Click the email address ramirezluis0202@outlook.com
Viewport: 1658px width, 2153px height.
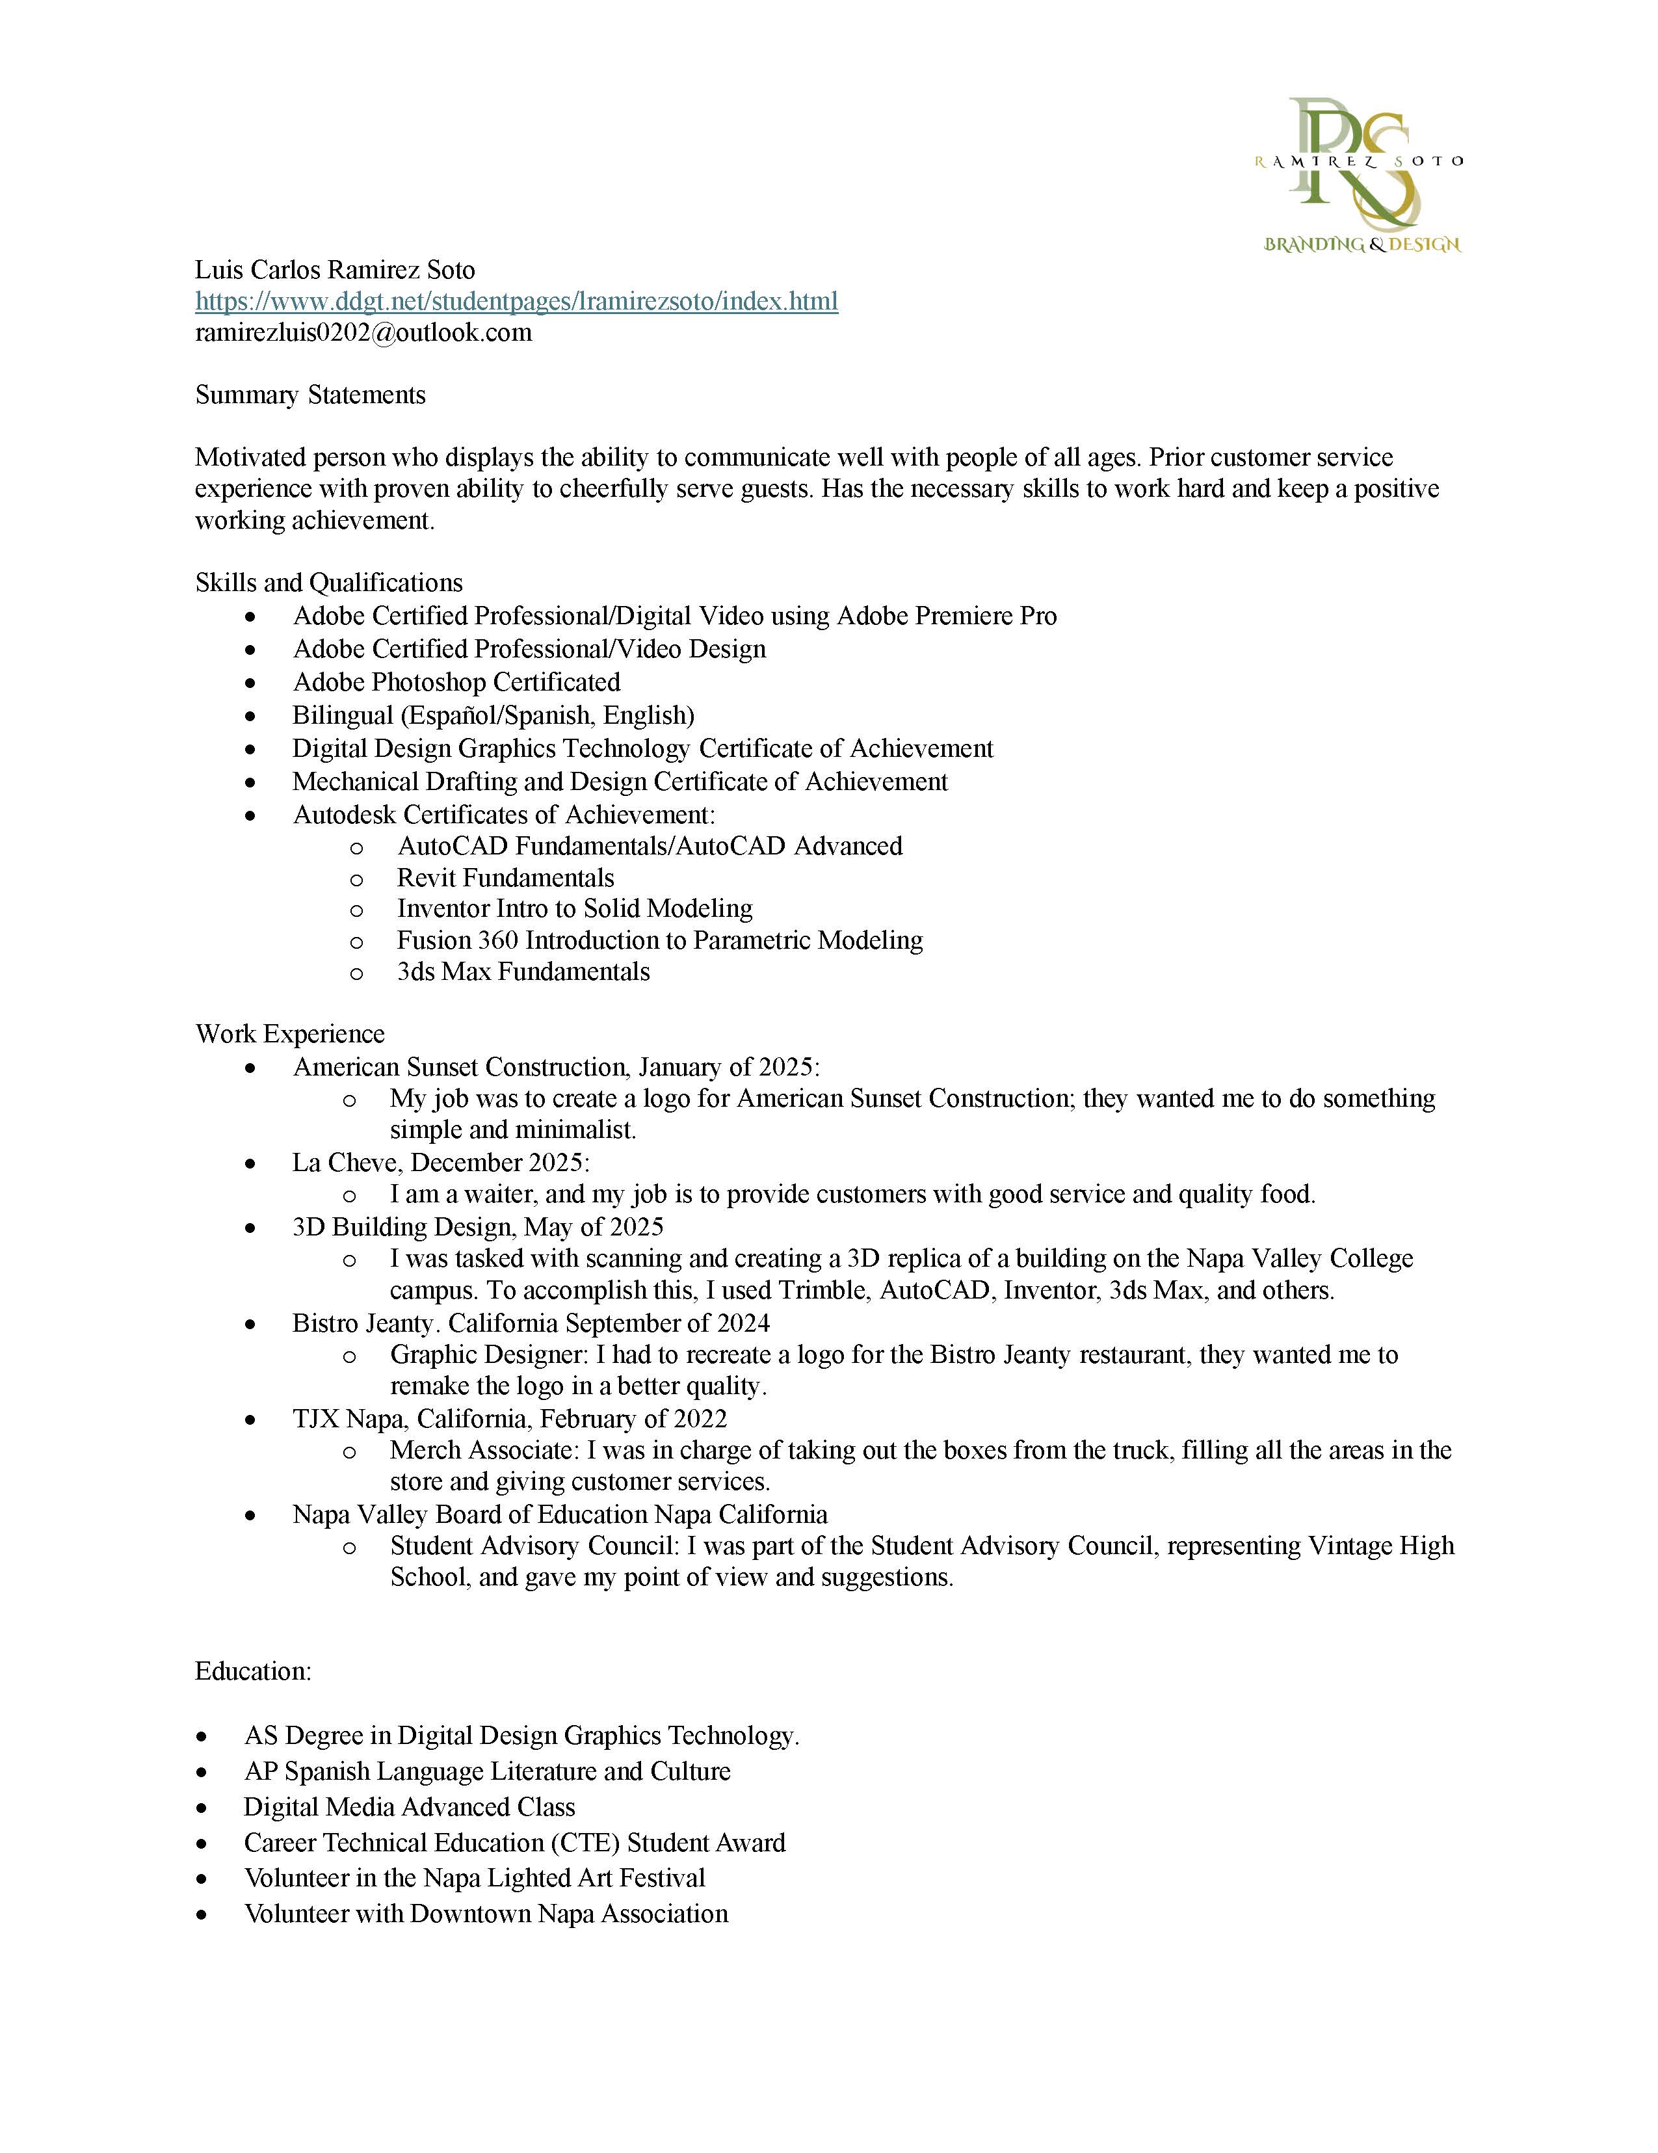click(363, 333)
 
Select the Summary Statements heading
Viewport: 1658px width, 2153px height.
click(311, 395)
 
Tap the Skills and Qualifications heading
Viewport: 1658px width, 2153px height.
click(328, 583)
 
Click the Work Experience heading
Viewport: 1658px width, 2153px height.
click(290, 1034)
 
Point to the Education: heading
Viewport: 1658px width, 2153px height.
click(254, 1672)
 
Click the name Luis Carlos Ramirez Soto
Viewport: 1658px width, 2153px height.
click(335, 270)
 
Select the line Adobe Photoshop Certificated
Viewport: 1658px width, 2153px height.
click(456, 682)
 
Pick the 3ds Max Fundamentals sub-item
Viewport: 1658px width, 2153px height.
click(523, 972)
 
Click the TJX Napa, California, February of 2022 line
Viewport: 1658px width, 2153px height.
click(510, 1420)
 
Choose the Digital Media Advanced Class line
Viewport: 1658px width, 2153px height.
click(409, 1808)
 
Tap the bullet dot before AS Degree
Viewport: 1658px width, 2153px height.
click(202, 1737)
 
